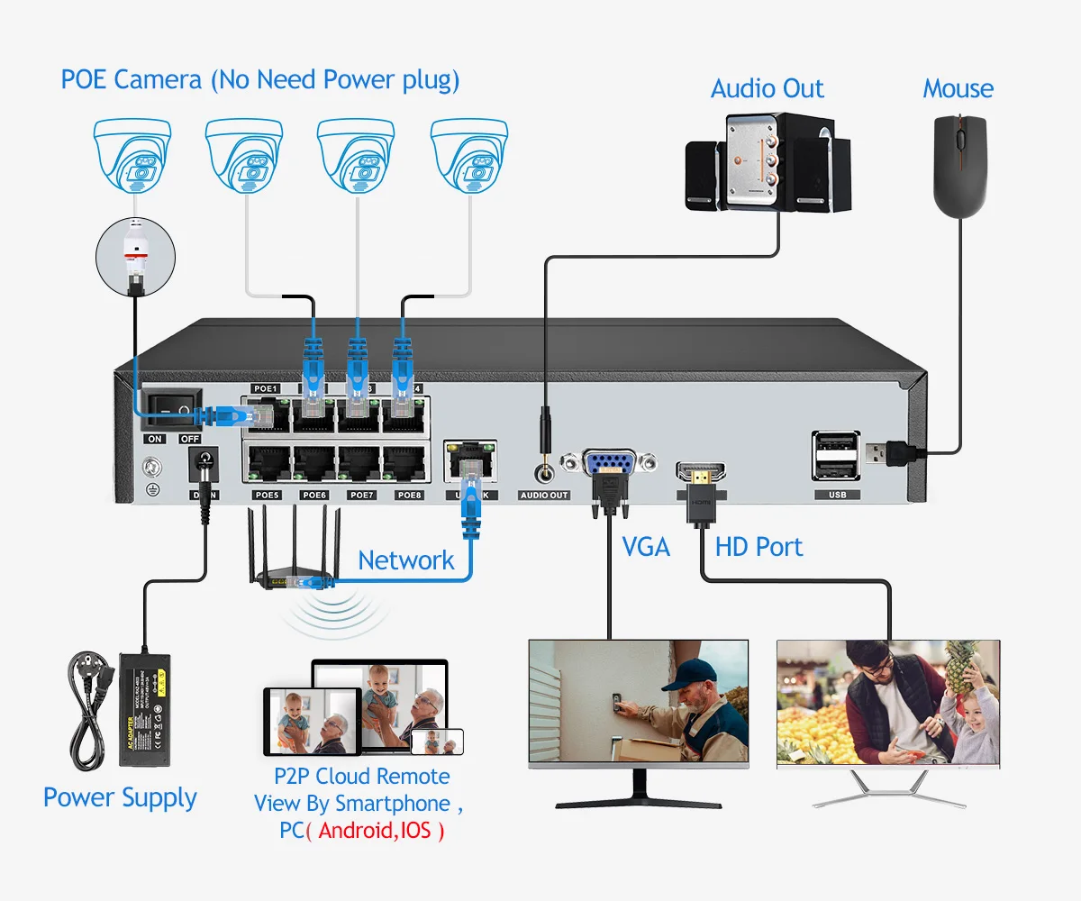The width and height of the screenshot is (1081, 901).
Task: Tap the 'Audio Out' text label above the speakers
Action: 767,88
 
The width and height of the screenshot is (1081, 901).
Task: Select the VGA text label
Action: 646,546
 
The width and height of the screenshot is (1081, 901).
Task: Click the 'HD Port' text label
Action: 759,546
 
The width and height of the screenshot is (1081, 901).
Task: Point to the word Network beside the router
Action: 406,560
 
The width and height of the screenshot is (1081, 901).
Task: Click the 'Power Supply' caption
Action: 120,797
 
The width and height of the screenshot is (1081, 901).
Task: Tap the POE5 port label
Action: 267,495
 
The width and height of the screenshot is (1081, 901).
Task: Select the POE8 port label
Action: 409,495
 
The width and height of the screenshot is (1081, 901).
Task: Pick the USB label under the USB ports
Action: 837,495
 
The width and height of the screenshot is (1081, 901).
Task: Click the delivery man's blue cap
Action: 694,671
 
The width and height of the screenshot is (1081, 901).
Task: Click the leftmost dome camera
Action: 132,155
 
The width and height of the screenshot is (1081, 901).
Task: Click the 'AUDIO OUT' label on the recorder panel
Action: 544,495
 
